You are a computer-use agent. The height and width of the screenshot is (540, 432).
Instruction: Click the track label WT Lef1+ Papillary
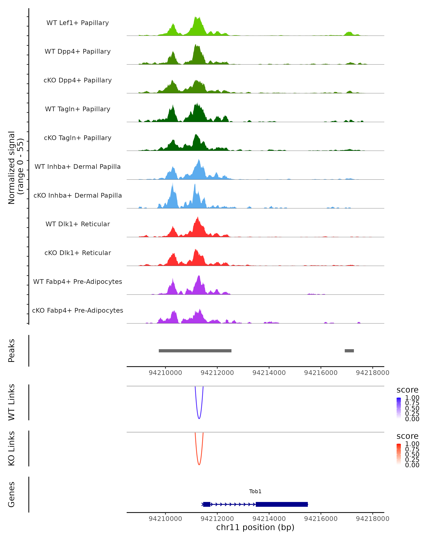(78, 23)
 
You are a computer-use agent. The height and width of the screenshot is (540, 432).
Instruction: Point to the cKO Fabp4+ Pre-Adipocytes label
(78, 310)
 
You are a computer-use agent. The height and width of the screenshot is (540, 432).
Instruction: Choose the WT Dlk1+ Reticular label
(78, 224)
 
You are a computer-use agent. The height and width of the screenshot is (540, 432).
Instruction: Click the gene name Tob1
(255, 491)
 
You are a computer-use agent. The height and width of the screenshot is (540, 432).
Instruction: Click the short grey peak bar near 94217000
(349, 351)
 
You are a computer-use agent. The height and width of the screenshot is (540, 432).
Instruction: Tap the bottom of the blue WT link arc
(199, 418)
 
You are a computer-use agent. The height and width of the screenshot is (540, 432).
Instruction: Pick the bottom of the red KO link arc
(199, 465)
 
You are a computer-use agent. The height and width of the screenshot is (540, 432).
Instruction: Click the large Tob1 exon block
(282, 504)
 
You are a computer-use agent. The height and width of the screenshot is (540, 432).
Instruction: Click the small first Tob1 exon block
(207, 504)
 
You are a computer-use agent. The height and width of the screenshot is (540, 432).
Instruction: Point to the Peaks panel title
(12, 351)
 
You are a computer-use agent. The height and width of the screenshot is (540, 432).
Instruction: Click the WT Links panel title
(12, 402)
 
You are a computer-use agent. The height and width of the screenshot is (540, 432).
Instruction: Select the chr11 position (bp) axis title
(255, 527)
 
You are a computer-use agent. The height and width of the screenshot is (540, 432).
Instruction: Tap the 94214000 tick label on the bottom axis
(269, 519)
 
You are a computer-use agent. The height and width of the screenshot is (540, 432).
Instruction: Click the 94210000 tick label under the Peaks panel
(165, 373)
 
